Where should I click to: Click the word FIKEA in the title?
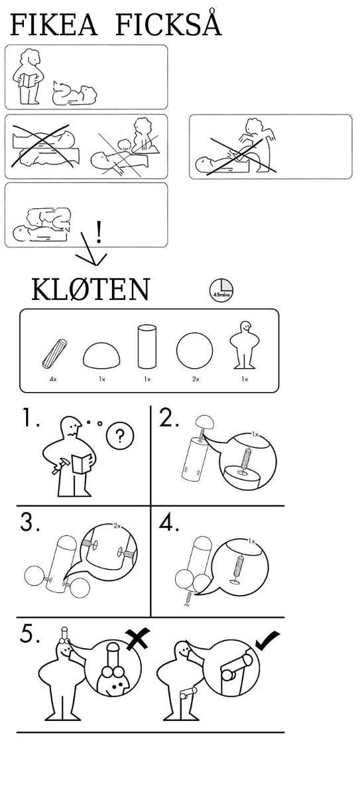[54, 25]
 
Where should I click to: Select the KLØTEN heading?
[91, 290]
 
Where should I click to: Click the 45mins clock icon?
[221, 290]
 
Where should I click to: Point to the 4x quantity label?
[53, 379]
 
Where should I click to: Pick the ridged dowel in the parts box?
[54, 354]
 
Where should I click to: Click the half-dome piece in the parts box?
[101, 356]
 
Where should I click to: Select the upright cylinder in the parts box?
[147, 346]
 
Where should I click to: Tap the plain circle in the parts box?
[194, 350]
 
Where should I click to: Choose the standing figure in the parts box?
[244, 346]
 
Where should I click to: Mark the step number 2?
[169, 417]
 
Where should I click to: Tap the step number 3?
[30, 522]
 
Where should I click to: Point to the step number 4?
[169, 522]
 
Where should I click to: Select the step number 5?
[29, 634]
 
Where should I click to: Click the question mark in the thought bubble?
[120, 436]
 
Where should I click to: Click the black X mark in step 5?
[138, 638]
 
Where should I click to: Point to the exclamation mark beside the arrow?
[99, 232]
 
